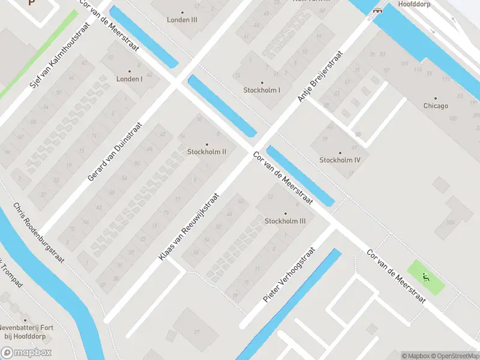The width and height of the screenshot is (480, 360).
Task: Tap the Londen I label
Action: (x=129, y=79)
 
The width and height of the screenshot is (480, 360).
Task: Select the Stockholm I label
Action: (x=262, y=91)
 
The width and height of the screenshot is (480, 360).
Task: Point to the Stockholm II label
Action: (x=207, y=152)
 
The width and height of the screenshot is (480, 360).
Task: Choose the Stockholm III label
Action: (x=286, y=221)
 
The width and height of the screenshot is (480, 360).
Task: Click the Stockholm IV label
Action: (x=340, y=160)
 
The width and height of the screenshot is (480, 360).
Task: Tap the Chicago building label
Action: (x=436, y=106)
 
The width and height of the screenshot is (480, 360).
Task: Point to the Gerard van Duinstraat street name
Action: (x=115, y=152)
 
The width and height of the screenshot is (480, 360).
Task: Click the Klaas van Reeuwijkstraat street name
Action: (x=189, y=227)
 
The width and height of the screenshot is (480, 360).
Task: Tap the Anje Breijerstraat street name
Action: (x=320, y=76)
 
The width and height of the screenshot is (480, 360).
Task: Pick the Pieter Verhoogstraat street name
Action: (x=289, y=275)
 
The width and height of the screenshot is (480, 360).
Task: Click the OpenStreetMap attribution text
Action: (x=454, y=356)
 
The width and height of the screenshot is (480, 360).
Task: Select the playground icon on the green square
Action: (x=426, y=277)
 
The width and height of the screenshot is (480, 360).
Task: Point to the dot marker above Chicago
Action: (x=436, y=98)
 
